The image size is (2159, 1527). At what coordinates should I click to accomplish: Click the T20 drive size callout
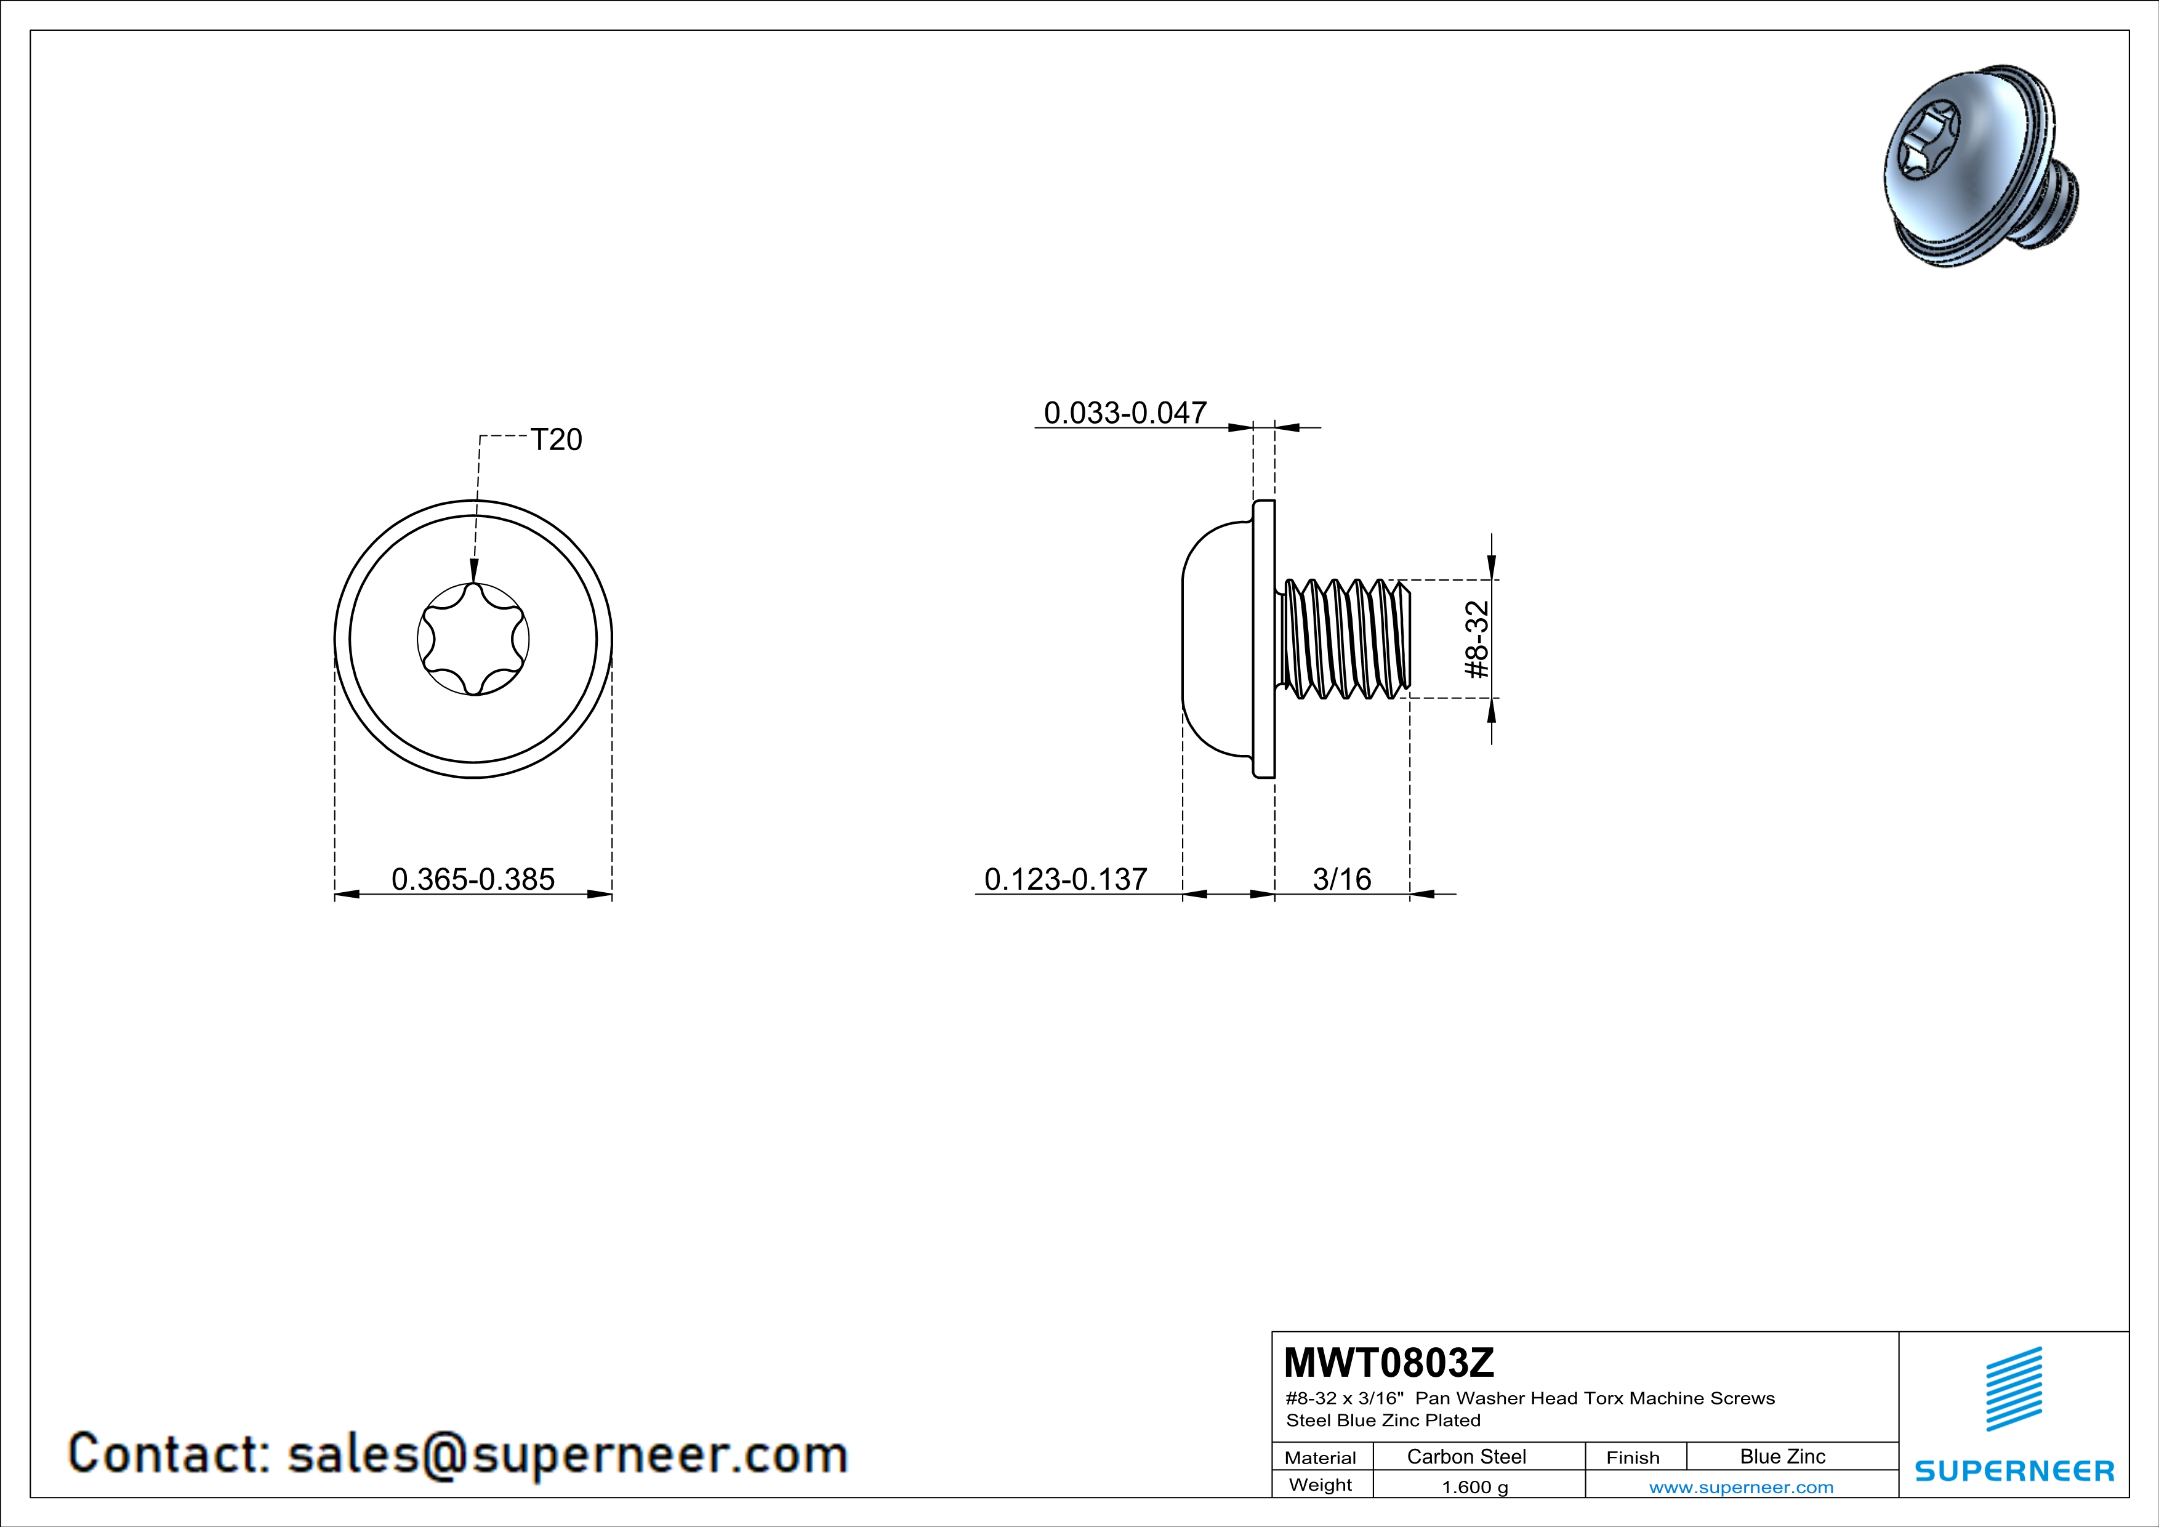(x=557, y=440)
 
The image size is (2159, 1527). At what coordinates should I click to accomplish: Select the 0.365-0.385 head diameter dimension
(x=473, y=879)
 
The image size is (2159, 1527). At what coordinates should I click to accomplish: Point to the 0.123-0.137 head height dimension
(x=1066, y=879)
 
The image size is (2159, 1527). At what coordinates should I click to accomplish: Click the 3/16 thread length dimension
(x=1342, y=879)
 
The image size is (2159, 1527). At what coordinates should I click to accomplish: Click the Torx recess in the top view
(x=473, y=639)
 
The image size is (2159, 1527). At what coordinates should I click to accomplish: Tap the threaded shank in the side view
(x=1344, y=639)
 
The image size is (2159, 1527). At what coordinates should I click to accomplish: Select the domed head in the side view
(x=1218, y=639)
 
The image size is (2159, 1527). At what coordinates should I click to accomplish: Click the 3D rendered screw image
(x=1981, y=169)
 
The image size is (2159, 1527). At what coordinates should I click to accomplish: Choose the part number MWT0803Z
(x=1389, y=1363)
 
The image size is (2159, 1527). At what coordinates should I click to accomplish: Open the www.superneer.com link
(x=1742, y=1486)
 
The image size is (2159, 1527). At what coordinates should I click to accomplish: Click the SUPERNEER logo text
(x=2014, y=1470)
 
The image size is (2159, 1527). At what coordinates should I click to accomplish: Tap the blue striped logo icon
(x=2013, y=1389)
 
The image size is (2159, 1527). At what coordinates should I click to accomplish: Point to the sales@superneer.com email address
(x=568, y=1454)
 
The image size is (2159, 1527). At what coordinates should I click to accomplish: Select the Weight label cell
(x=1321, y=1485)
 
